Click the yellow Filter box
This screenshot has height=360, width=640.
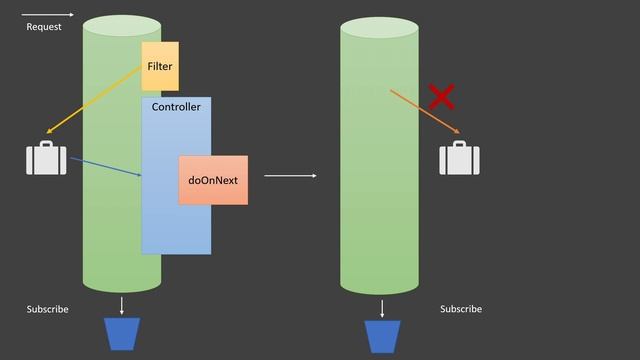click(160, 66)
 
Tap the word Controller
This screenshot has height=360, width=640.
click(176, 107)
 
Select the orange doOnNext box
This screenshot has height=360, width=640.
click(213, 180)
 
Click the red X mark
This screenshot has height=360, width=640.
click(441, 97)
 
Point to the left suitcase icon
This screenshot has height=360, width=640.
click(46, 159)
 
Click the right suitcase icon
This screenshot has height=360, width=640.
click(459, 159)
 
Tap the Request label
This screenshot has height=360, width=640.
click(43, 27)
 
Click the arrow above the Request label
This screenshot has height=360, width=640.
click(45, 14)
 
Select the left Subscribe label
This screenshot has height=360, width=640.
click(47, 309)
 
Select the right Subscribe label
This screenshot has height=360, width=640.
click(461, 309)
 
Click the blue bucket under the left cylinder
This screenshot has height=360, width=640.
click(123, 334)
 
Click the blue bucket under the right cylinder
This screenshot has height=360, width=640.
click(382, 336)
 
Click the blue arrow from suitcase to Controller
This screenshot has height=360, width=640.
click(105, 166)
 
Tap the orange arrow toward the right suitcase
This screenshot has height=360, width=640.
click(424, 112)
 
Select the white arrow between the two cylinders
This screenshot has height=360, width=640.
click(290, 176)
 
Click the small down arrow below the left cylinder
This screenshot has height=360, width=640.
click(122, 305)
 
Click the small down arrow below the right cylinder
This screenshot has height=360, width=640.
click(381, 307)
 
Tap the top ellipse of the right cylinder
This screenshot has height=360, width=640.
click(379, 28)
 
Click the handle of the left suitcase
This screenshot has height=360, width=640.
click(46, 145)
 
